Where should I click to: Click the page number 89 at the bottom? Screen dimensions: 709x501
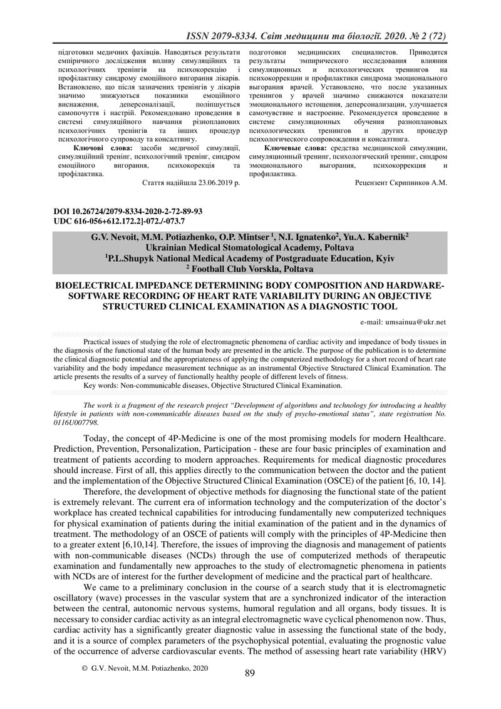click(250, 673)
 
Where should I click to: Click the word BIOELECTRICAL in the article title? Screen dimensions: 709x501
click(101, 286)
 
